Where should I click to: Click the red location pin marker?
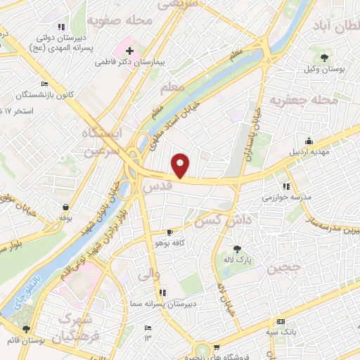[181, 165]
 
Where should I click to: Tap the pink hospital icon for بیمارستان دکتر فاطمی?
[129, 51]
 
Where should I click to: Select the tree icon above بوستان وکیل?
[324, 57]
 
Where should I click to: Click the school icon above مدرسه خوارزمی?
[285, 186]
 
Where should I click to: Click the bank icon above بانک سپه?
[281, 320]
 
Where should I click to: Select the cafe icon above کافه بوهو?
[169, 232]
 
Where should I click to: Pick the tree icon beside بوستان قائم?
[27, 328]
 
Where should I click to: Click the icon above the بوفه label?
[65, 207]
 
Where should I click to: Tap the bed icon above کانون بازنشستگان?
[45, 84]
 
